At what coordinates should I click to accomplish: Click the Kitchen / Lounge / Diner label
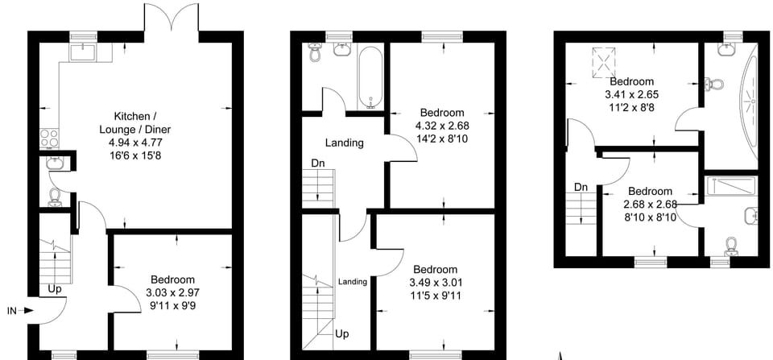[135, 123]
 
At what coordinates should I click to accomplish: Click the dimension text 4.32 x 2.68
[441, 125]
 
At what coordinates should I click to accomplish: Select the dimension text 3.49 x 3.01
[436, 282]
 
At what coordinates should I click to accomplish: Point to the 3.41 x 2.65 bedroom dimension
[632, 94]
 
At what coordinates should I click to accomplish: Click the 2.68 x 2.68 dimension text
[650, 204]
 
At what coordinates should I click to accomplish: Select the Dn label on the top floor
[581, 188]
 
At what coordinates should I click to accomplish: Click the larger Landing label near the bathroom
[344, 143]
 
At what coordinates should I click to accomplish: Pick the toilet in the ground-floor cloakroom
[55, 197]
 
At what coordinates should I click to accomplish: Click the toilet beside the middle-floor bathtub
[315, 53]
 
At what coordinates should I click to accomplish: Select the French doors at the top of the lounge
[171, 18]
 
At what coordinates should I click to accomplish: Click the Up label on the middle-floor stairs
[341, 333]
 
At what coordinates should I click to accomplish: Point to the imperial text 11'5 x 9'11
[436, 295]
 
